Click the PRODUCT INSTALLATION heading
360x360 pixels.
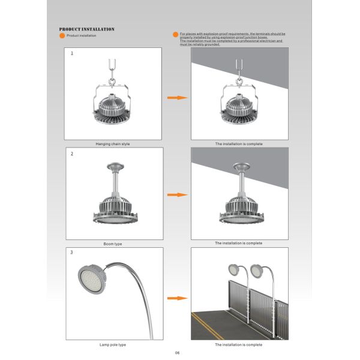(87, 29)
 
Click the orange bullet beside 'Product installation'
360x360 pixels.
(62, 36)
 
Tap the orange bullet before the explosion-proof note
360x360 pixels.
(175, 35)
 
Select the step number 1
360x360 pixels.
(72, 53)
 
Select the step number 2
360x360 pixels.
(72, 154)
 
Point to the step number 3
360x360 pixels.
(72, 253)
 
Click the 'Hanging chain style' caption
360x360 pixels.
(113, 144)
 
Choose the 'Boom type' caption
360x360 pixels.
(113, 244)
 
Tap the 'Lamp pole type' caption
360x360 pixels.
(113, 344)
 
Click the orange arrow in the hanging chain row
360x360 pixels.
(175, 97)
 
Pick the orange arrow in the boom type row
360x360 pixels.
(175, 195)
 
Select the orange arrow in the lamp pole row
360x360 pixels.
(175, 298)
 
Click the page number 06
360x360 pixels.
(178, 353)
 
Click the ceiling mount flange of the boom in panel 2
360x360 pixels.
(113, 166)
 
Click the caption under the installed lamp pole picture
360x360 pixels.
(239, 344)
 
